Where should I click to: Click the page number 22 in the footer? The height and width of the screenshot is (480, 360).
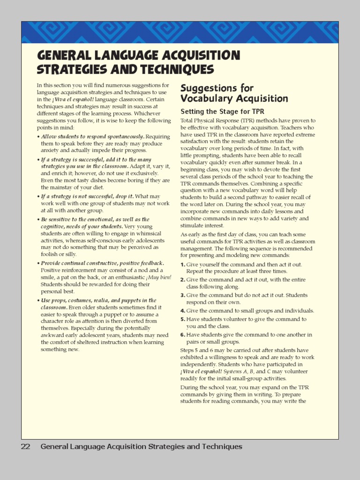click(x=25, y=447)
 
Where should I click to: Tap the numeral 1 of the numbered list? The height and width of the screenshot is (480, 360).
click(x=182, y=264)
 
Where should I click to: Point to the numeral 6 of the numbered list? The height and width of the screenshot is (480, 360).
click(x=182, y=335)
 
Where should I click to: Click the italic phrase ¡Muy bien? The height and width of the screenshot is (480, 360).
click(x=159, y=277)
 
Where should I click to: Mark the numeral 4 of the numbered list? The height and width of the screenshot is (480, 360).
click(x=182, y=311)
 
